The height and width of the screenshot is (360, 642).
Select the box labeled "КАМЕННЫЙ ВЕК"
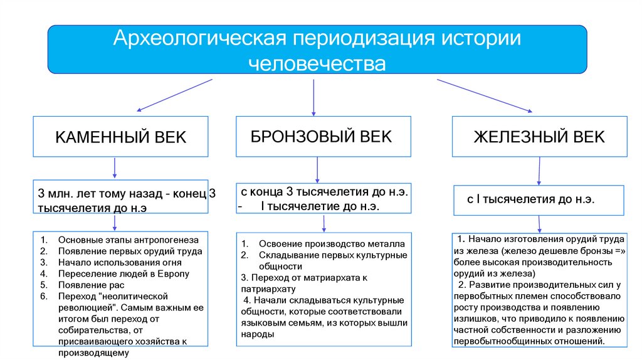coord(121,137)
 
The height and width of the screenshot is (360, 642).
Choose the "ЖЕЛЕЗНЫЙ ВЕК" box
coord(539,136)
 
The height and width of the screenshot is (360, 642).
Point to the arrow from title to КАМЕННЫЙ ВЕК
coord(175,94)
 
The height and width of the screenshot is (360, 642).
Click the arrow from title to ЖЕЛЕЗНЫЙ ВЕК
coord(484,95)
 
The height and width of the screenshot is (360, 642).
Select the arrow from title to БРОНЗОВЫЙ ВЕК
coord(313,97)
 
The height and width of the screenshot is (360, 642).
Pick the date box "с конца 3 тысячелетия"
coord(323,199)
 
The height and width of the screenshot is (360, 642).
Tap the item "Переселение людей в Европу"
coord(123,273)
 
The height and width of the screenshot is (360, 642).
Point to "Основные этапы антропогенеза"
coord(127,240)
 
